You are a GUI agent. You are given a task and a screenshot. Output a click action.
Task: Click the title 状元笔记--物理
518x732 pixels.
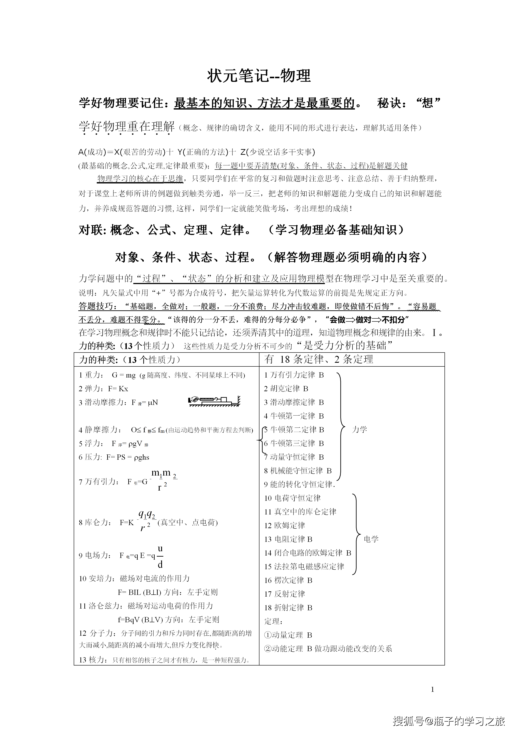pos(259,76)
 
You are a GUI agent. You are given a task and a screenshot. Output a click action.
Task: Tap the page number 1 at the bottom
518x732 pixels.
pos(433,689)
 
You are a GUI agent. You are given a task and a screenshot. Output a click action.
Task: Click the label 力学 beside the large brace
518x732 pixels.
pos(359,429)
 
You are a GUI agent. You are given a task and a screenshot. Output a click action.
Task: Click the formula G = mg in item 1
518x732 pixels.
pos(124,375)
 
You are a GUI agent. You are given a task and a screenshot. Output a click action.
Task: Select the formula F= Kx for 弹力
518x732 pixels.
pos(118,389)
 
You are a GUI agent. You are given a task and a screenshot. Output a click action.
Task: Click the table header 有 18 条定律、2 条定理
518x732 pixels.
pos(319,359)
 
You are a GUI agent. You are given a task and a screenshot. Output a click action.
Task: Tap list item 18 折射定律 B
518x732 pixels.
pos(288,608)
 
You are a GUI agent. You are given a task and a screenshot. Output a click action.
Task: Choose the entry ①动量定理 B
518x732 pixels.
pos(288,635)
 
